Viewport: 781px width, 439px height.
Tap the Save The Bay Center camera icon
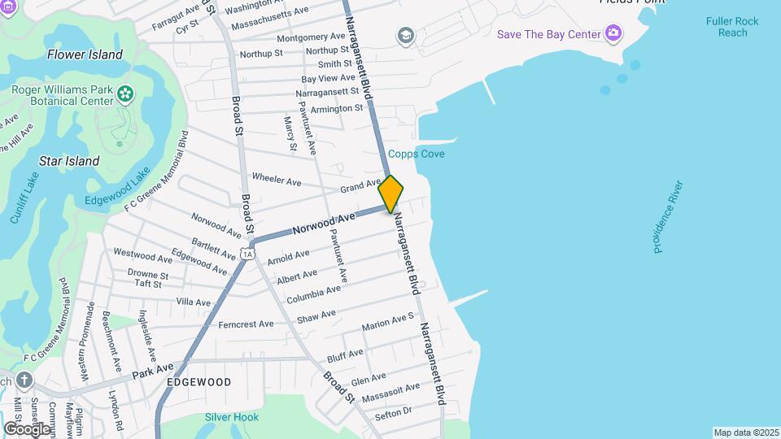click(x=613, y=33)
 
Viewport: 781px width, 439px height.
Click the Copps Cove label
click(x=417, y=154)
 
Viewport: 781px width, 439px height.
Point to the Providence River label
click(x=668, y=217)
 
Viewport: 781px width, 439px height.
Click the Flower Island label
click(x=85, y=55)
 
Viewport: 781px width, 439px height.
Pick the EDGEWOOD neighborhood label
click(x=199, y=382)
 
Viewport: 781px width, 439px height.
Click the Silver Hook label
click(x=232, y=418)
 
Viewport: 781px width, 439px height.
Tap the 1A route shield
click(x=247, y=254)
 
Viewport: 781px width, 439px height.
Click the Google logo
click(x=27, y=428)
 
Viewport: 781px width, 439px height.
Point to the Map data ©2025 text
click(x=746, y=432)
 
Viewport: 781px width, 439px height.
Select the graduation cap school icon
click(x=404, y=36)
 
